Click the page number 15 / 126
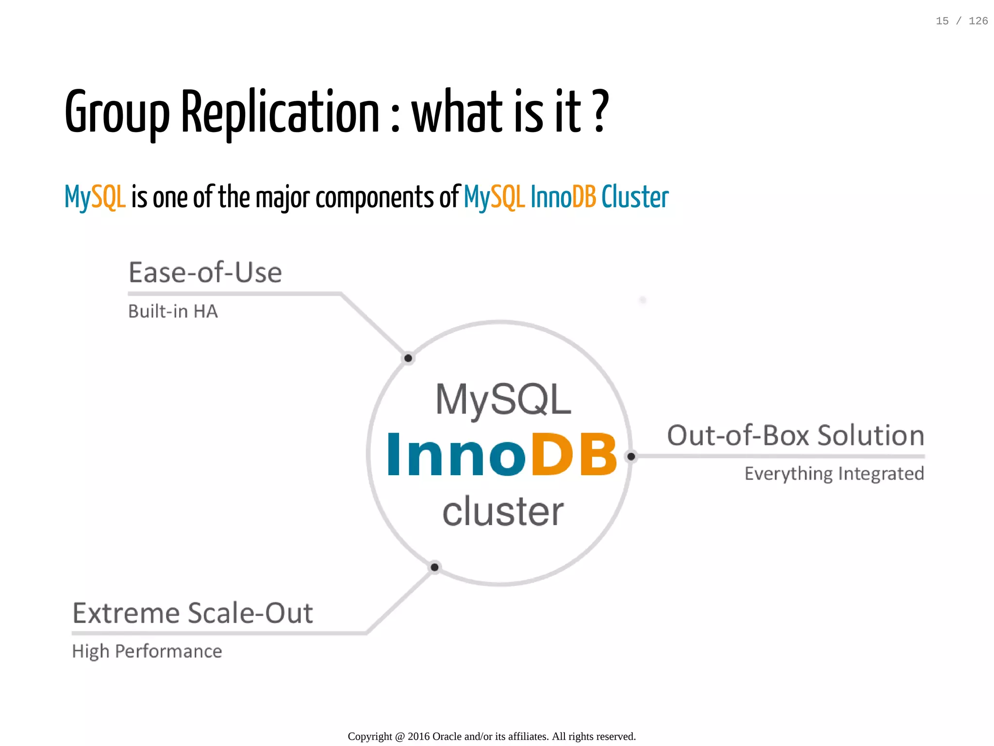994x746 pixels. [961, 21]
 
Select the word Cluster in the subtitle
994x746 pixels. [635, 197]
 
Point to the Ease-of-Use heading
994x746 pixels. [205, 272]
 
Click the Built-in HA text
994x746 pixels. [173, 312]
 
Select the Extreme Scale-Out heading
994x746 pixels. [193, 613]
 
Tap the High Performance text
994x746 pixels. [147, 651]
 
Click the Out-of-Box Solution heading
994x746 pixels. [795, 435]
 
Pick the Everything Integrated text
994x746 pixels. [834, 473]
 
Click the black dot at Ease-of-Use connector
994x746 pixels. [408, 358]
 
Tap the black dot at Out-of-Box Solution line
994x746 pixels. [631, 456]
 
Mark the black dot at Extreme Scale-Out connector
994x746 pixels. [435, 567]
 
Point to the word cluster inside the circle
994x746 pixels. [503, 512]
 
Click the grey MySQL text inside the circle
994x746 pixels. [503, 399]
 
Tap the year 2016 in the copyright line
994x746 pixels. [418, 736]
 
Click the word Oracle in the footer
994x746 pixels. [447, 736]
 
